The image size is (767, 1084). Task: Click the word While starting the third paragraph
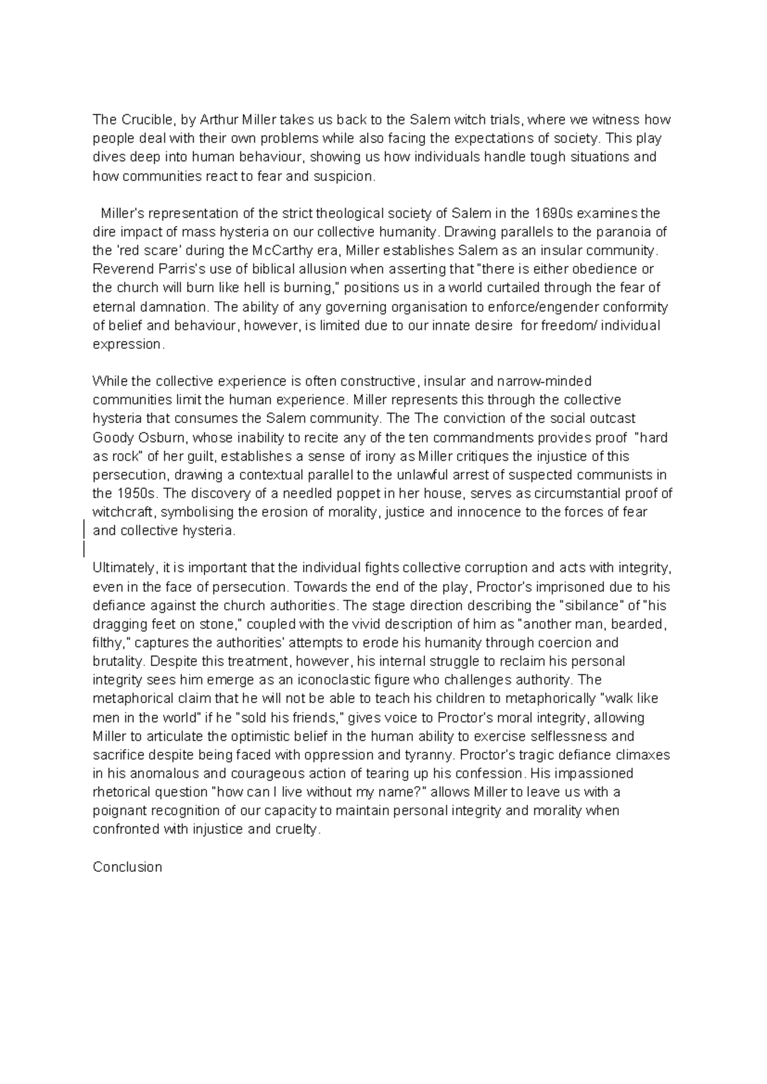109,382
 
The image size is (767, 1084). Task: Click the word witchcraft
125,512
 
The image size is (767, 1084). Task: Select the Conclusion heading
127,867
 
